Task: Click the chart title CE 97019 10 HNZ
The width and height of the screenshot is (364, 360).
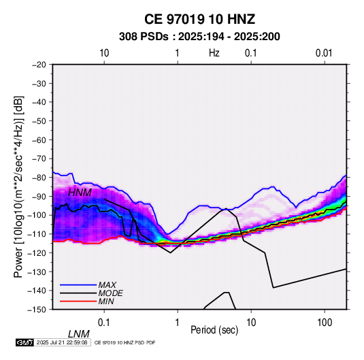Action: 199,19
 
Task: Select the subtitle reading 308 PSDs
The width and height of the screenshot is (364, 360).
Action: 144,37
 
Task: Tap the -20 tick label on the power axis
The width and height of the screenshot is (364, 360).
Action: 39,65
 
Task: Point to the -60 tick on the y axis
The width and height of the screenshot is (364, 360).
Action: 39,140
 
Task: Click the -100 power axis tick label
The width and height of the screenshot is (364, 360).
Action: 37,215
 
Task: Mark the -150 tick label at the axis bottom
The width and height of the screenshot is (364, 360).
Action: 37,310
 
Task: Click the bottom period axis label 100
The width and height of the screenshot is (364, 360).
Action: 325,322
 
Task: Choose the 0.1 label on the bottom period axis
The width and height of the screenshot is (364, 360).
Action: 103,322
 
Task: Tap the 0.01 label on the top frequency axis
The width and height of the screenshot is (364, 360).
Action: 324,53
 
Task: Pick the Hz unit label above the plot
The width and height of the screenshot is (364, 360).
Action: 214,53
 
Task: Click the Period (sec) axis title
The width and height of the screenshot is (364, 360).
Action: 214,330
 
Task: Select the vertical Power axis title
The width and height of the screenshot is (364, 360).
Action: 18,186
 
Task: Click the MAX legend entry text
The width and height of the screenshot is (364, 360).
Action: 107,284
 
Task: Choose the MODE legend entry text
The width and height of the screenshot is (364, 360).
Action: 110,293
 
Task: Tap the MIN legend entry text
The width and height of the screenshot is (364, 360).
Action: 106,301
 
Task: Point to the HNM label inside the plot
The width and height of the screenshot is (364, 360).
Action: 80,193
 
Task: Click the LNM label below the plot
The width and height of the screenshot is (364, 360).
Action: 79,334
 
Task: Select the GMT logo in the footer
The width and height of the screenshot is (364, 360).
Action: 24,342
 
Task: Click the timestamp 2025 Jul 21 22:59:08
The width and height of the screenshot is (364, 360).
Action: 62,342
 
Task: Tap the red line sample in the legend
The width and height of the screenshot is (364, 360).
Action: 78,301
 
